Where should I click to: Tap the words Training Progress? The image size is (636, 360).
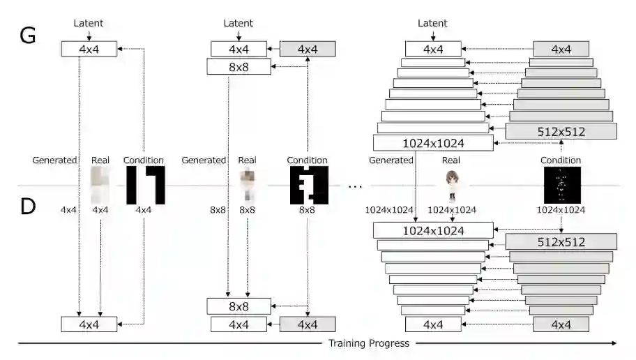369,343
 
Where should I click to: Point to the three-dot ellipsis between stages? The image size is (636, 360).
355,186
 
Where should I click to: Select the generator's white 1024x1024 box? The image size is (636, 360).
432,143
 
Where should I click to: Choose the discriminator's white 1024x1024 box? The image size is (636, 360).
432,230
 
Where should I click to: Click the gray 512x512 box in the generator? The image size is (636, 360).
561,131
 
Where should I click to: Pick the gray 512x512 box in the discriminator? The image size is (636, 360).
561,242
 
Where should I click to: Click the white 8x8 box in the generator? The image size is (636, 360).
238,67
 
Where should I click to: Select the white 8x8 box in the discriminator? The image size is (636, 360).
238,306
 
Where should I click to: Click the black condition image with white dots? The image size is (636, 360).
561,185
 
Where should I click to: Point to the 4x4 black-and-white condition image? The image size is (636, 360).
145,185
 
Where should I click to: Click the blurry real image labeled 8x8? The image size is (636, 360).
246,185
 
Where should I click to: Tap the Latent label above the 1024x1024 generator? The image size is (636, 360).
432,24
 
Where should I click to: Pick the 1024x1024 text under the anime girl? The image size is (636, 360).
452,209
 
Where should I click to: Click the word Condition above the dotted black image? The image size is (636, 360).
561,160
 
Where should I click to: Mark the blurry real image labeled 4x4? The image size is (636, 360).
101,185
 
